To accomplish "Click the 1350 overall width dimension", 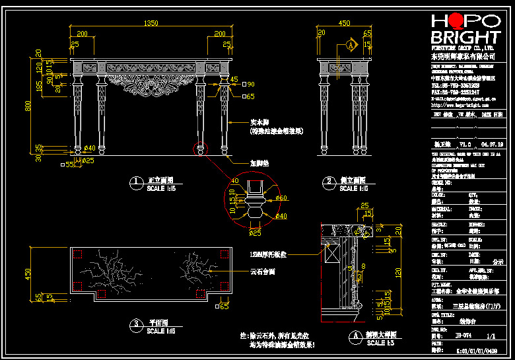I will [x=151, y=23].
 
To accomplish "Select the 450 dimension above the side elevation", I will [x=344, y=23].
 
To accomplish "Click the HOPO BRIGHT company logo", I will [x=465, y=29].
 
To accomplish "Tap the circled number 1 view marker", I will [x=136, y=182].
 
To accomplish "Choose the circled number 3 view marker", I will [x=136, y=324].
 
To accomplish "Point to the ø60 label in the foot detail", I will [x=281, y=198].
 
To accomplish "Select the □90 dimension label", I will [x=248, y=85].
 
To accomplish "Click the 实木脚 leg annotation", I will [x=261, y=123].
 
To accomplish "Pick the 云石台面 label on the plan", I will [x=263, y=271].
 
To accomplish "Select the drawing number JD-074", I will [x=464, y=336].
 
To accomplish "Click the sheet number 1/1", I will [x=491, y=336].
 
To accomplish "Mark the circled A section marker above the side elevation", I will [x=351, y=45].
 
